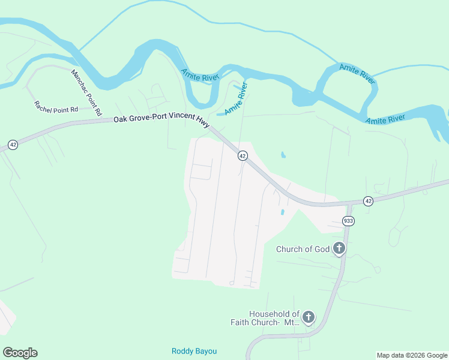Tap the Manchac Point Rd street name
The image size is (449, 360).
pos(86,93)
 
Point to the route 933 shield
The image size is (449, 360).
pos(348,221)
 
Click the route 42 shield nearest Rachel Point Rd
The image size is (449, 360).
pos(13,145)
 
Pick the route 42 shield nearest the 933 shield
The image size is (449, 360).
pos(368,201)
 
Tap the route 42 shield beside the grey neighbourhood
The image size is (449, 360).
pos(243,155)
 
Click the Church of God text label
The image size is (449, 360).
pos(303,249)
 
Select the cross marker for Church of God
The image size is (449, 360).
pos(339,248)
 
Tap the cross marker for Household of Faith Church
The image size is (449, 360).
pos(309,317)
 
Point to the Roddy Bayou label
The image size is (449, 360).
pos(194,351)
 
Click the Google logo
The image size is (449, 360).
pos(20,353)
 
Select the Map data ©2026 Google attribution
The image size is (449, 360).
pos(412,355)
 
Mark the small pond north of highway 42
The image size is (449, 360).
pos(283,155)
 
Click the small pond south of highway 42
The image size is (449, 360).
pos(282,212)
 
